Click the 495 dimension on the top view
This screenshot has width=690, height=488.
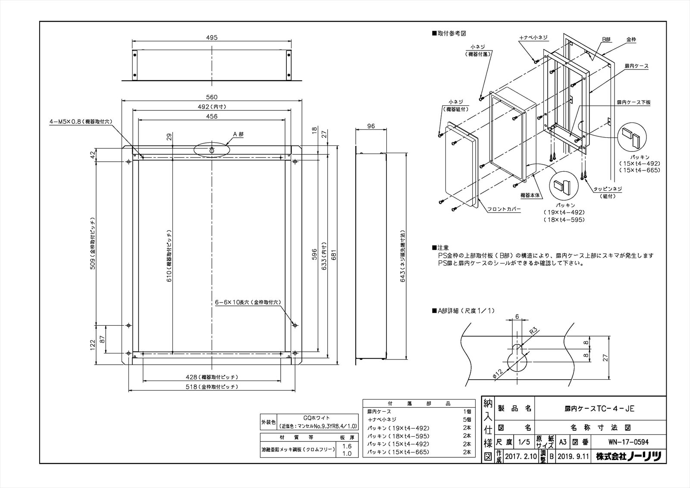click(x=212, y=38)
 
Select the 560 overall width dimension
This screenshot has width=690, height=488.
click(x=212, y=97)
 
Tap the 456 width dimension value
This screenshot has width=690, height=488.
click(x=212, y=116)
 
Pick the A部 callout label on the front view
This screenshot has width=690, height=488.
click(x=238, y=134)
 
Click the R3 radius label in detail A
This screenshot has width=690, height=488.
click(x=533, y=331)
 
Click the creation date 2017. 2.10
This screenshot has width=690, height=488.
click(x=520, y=456)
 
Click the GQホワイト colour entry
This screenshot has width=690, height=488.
click(x=317, y=418)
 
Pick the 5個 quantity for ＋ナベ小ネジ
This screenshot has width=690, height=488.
click(x=467, y=419)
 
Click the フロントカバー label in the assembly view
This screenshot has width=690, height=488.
click(x=504, y=209)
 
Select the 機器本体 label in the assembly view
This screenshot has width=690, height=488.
click(x=530, y=195)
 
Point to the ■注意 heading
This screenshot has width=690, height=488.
click(x=440, y=248)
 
